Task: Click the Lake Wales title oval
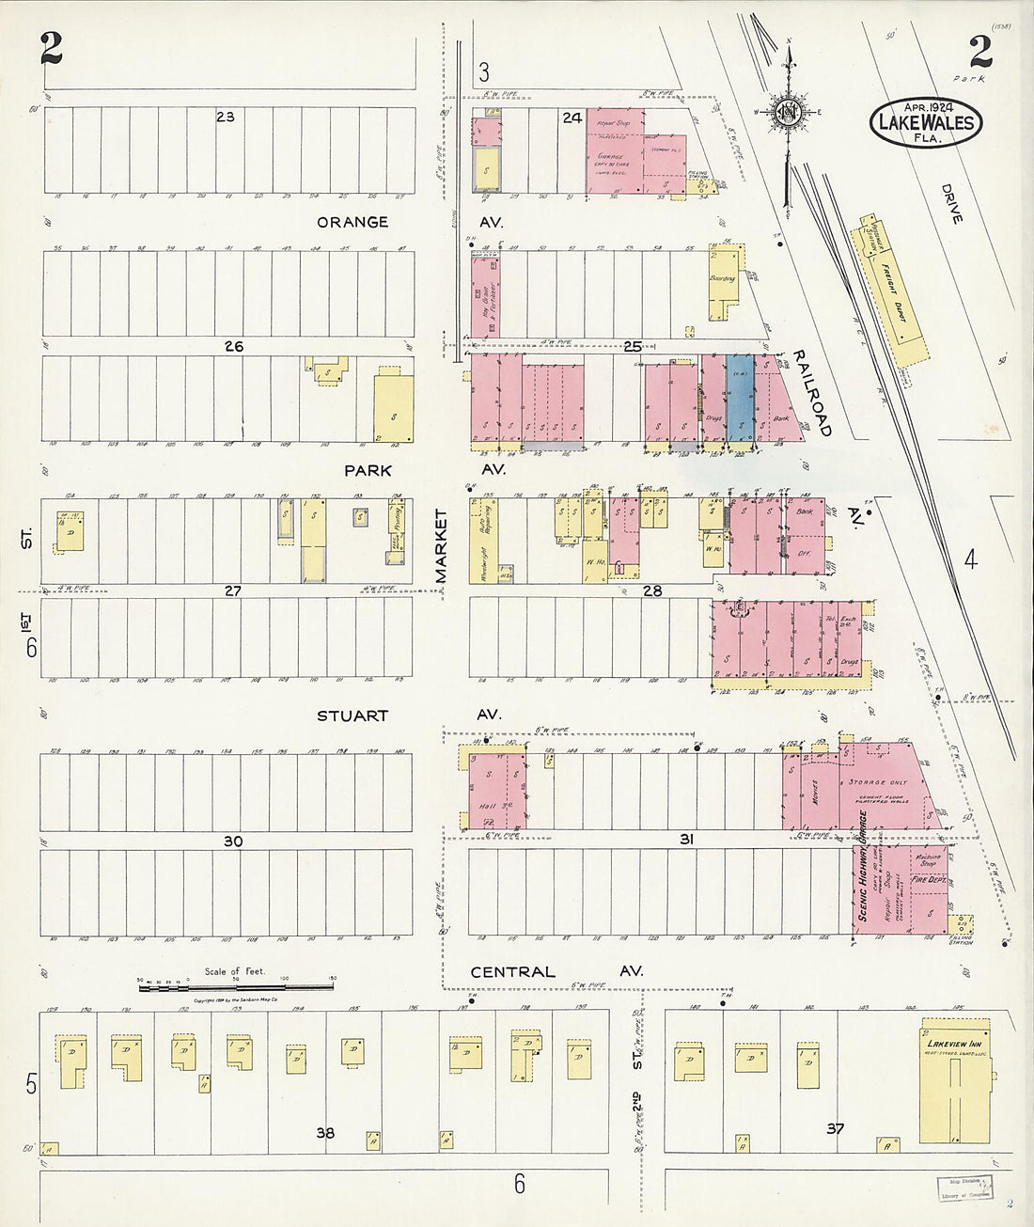pyautogui.click(x=925, y=123)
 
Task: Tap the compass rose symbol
pyautogui.click(x=787, y=112)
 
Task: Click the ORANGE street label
pyautogui.click(x=352, y=223)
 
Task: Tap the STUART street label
pyautogui.click(x=352, y=716)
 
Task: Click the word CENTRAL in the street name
pyautogui.click(x=512, y=972)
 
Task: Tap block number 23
pyautogui.click(x=225, y=117)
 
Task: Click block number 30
pyautogui.click(x=232, y=842)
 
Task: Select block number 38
pyautogui.click(x=325, y=1133)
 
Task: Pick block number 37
pyautogui.click(x=834, y=1128)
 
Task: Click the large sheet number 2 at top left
pyautogui.click(x=51, y=49)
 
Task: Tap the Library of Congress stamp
pyautogui.click(x=963, y=1187)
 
